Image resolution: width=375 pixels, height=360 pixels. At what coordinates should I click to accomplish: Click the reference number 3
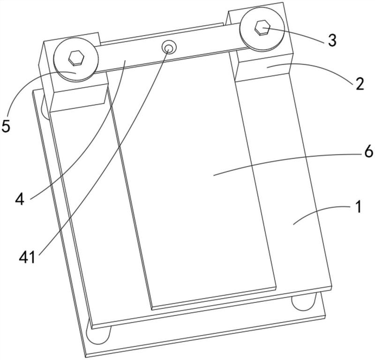332,40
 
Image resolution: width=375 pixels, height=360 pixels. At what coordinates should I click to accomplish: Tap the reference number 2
360,84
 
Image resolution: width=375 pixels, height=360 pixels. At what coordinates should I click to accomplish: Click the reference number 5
6,126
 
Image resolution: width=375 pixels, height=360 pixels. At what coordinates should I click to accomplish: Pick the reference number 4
20,199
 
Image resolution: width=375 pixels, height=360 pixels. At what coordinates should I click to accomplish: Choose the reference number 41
27,257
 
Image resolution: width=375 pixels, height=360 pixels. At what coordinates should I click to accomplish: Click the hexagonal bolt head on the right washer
262,28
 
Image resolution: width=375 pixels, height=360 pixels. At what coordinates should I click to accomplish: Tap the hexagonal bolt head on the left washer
76,58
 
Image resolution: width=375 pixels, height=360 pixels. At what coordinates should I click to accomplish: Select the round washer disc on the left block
76,59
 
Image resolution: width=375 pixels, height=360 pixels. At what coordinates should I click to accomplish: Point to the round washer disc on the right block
262,29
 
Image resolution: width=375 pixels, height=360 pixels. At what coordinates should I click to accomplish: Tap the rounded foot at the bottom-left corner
98,335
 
